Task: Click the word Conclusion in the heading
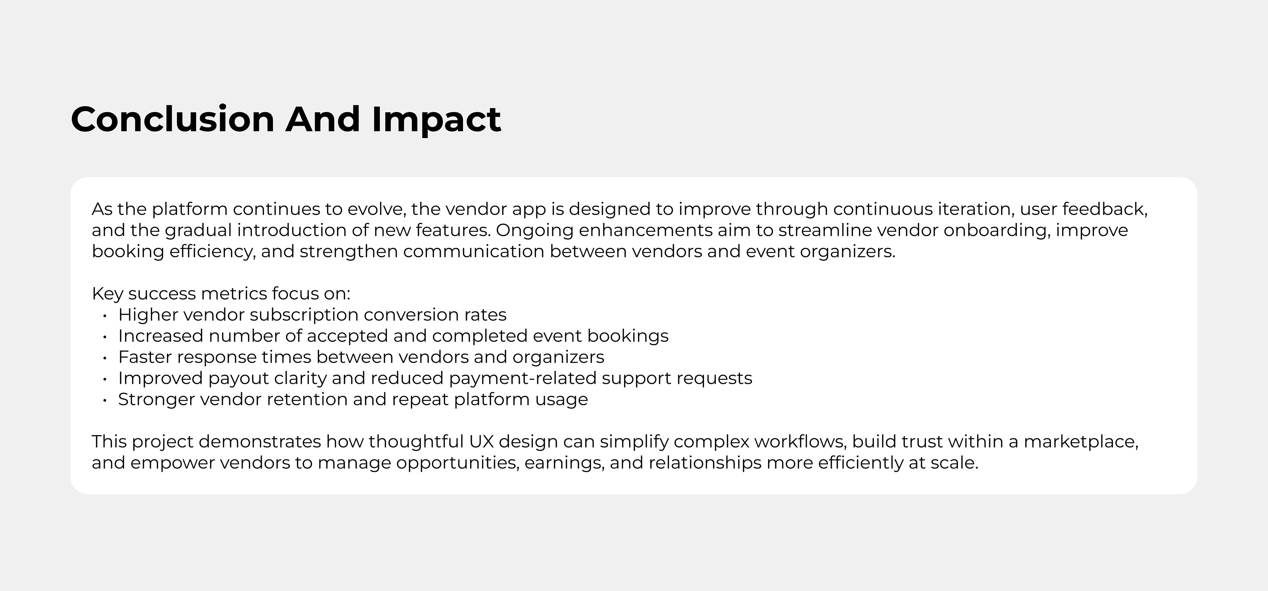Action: coord(172,119)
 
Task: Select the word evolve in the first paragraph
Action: coord(376,209)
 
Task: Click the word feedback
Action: coord(1105,209)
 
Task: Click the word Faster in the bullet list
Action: coord(145,357)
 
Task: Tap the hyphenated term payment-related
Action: coord(523,379)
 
